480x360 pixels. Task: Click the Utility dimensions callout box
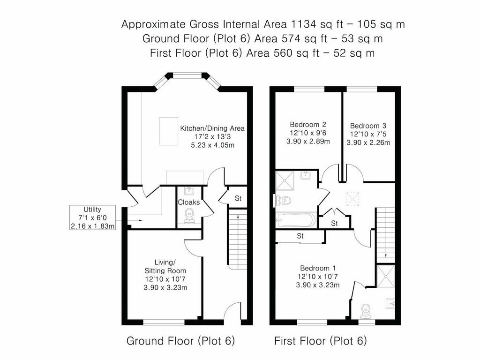[x=92, y=217]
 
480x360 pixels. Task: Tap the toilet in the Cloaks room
[x=189, y=216]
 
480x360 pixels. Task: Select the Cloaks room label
[x=189, y=202]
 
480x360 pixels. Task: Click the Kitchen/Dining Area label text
[x=212, y=128]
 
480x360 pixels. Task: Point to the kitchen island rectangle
[x=169, y=131]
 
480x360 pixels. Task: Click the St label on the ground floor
[x=238, y=198]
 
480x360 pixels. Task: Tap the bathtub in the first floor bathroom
[x=295, y=220]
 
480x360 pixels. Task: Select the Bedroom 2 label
[x=308, y=125]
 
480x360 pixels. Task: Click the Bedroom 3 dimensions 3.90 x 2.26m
[x=368, y=142]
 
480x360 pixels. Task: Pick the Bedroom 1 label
[x=318, y=269]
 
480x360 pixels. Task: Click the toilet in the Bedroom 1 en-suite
[x=366, y=311]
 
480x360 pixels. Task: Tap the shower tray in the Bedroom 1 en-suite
[x=386, y=277]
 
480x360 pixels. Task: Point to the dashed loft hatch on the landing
[x=352, y=199]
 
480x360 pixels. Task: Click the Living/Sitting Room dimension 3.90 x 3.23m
[x=165, y=288]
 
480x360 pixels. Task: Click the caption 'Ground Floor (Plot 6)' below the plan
[x=180, y=341]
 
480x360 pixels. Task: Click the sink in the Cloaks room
[x=189, y=191]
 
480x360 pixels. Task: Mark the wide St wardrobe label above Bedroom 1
[x=300, y=236]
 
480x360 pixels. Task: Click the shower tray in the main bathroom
[x=285, y=180]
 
